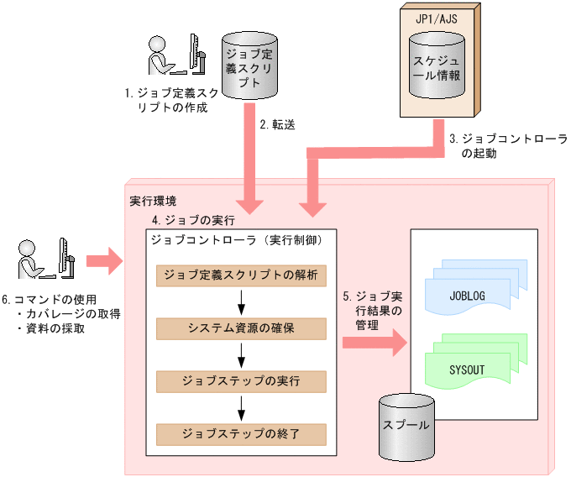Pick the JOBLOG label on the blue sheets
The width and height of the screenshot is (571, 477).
468,296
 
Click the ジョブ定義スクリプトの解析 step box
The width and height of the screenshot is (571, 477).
240,275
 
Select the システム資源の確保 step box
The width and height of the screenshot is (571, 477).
240,328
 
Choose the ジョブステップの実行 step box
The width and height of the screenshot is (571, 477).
240,380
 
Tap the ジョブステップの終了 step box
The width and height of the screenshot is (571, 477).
240,434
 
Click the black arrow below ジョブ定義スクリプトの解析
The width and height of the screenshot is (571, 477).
241,301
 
